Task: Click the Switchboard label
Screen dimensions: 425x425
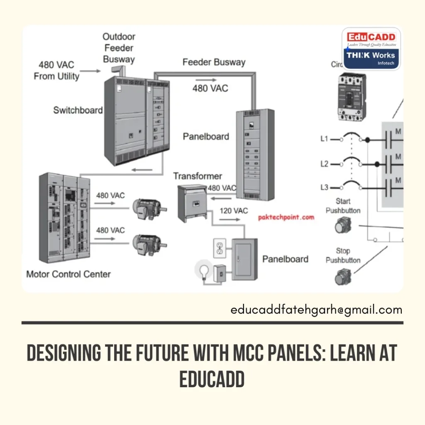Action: (78, 110)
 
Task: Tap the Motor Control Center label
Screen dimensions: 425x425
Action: (68, 274)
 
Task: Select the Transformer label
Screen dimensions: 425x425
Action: (198, 176)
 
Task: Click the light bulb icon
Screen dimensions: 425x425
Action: (203, 271)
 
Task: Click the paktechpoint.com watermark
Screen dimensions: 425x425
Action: (286, 217)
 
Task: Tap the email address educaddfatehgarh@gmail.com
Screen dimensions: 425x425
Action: (316, 310)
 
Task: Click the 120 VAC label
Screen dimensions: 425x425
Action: (234, 211)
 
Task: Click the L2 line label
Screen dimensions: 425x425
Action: (324, 164)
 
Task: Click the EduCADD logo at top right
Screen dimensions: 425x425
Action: (371, 49)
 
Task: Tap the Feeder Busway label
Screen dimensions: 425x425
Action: (214, 62)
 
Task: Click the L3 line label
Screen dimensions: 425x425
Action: (324, 188)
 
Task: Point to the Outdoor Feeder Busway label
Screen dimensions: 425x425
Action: (119, 48)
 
